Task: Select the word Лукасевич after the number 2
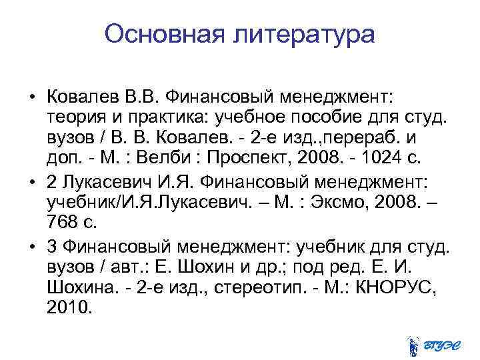[x=103, y=182]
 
